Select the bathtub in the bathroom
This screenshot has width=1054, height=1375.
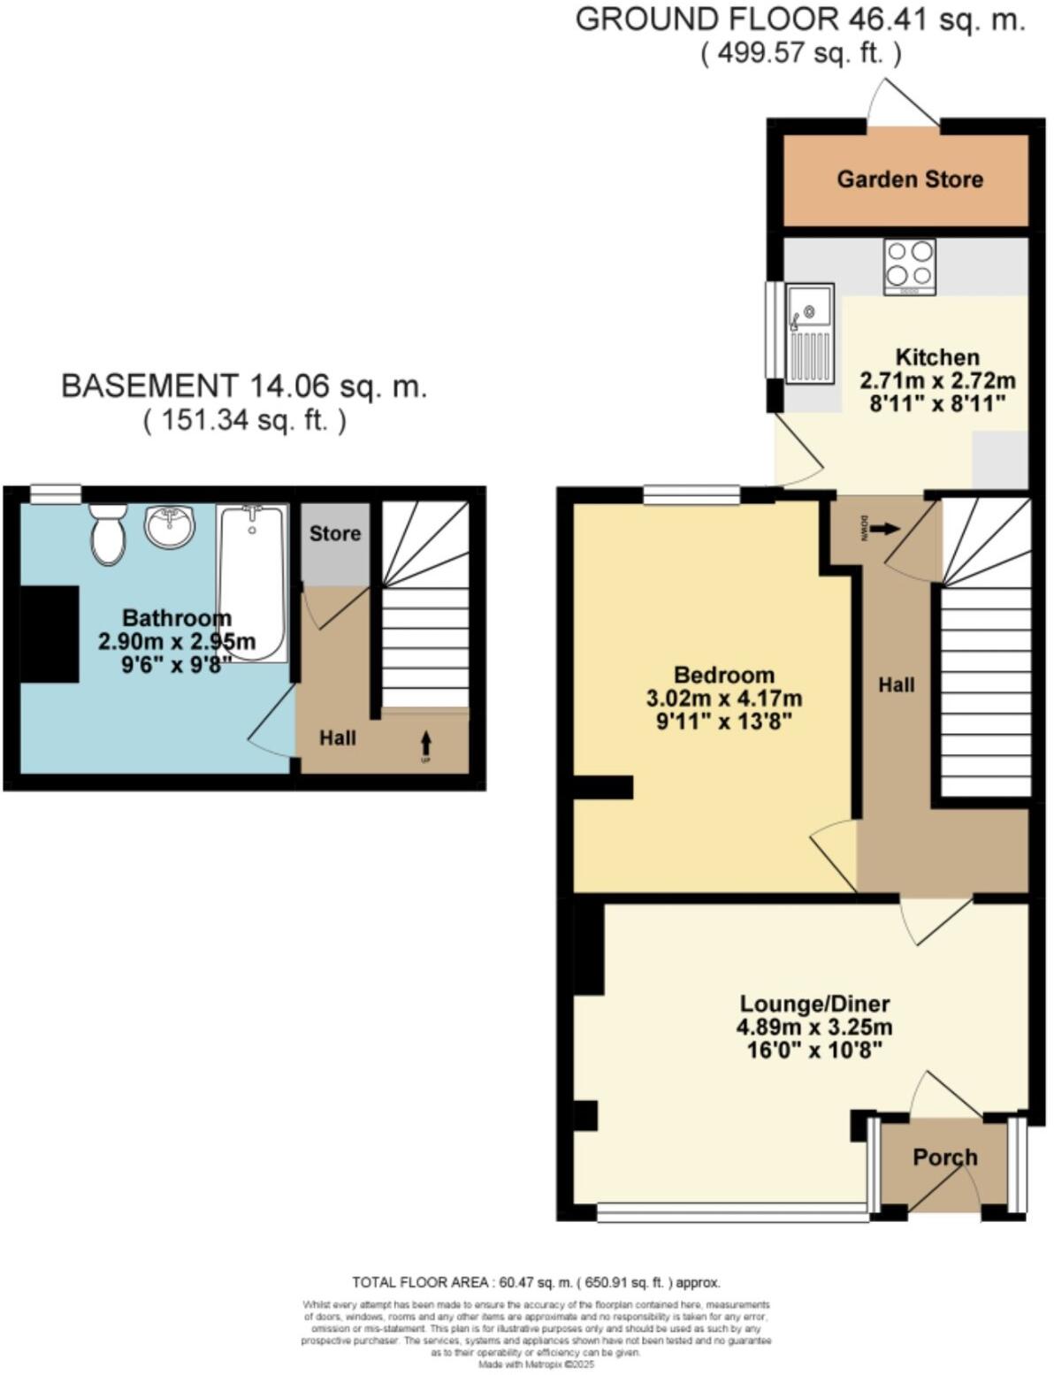pos(253,584)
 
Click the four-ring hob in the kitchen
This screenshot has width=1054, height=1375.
pos(909,265)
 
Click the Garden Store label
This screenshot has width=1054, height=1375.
pos(909,180)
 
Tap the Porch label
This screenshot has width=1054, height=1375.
pos(944,1157)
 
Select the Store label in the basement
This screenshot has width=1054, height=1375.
pos(334,533)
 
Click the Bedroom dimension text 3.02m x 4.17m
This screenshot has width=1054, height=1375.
pos(724,699)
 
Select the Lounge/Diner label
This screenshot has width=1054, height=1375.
pos(814,1004)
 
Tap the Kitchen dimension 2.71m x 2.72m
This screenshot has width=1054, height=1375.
pos(937,381)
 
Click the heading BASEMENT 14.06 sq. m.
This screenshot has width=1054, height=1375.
pos(244,386)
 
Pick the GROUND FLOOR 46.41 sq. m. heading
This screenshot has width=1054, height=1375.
pos(800,19)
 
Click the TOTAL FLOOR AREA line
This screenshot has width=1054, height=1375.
pos(536,1281)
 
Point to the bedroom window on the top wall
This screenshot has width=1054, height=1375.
pos(691,495)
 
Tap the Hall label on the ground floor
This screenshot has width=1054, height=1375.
pos(896,684)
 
